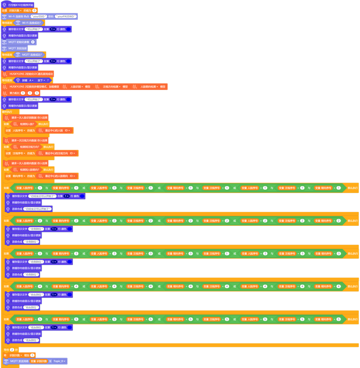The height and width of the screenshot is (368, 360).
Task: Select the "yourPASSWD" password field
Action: coord(66,17)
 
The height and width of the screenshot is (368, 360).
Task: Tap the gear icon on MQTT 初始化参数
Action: coord(33,42)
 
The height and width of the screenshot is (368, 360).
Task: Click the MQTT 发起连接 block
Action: coord(17,48)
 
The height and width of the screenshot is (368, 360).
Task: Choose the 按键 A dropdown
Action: coord(31,80)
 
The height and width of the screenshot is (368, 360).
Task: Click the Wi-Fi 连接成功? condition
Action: coord(30,22)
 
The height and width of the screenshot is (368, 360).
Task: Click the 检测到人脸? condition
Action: coord(27,124)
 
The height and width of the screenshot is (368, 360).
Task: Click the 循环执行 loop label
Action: coord(7,112)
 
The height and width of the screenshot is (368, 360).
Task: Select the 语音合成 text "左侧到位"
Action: coord(32,242)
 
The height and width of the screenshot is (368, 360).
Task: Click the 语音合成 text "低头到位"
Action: coord(32,340)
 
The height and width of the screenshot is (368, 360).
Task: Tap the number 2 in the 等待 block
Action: coord(12,350)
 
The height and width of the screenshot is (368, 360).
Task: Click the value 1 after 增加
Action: coord(32,355)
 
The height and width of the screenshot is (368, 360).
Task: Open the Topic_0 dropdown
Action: coord(60,361)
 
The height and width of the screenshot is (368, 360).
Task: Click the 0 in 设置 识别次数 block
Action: coord(34,10)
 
